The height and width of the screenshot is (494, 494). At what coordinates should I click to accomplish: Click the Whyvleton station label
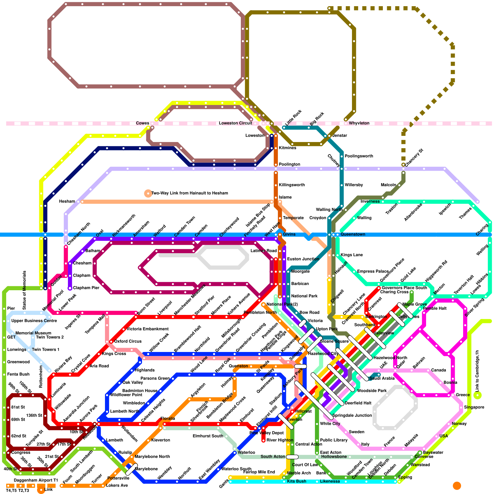point(359,123)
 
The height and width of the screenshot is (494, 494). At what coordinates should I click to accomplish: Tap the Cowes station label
point(142,123)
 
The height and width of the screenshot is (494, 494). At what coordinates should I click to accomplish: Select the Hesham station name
point(67,201)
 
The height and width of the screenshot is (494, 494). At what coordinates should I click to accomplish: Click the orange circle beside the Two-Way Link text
point(148,193)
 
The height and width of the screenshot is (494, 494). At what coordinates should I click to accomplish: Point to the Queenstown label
point(353,234)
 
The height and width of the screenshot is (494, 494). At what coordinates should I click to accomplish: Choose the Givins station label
point(289,234)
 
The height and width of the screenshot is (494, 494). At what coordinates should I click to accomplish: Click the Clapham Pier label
point(86,288)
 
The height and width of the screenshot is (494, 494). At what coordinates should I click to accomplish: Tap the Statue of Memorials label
point(24,290)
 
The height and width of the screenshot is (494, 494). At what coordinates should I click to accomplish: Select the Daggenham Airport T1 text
point(36,480)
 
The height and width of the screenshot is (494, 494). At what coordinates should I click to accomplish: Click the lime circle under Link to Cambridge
point(477,395)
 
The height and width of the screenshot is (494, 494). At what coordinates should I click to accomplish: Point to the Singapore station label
point(474,407)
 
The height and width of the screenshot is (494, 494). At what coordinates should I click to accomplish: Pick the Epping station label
point(405,477)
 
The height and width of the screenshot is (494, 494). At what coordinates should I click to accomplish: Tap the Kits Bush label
point(297,481)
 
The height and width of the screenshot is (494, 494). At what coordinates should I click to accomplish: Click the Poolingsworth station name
point(359,156)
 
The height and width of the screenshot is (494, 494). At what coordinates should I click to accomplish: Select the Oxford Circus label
point(128,341)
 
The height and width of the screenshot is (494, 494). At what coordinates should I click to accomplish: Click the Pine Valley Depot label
point(266,433)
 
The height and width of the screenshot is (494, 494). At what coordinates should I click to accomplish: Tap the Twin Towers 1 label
point(46,350)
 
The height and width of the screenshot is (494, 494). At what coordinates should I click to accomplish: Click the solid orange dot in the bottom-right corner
point(457,486)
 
